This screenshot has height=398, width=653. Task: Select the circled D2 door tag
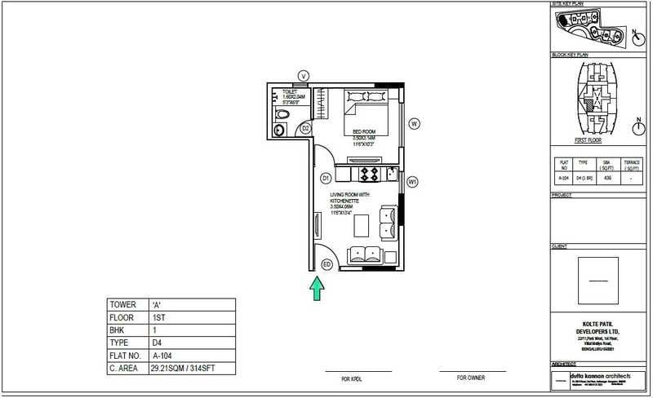point(304,128)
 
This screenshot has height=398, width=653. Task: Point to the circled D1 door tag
point(324,177)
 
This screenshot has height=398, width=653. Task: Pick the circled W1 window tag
point(413,182)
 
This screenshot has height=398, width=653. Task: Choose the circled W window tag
point(415,124)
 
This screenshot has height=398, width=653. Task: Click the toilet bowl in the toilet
point(280,129)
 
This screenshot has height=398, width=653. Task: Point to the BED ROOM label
point(363,131)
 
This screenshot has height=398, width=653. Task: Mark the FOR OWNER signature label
point(470,378)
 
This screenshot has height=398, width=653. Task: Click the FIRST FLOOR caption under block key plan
point(589,140)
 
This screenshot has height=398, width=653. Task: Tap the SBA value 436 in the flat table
point(606,177)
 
